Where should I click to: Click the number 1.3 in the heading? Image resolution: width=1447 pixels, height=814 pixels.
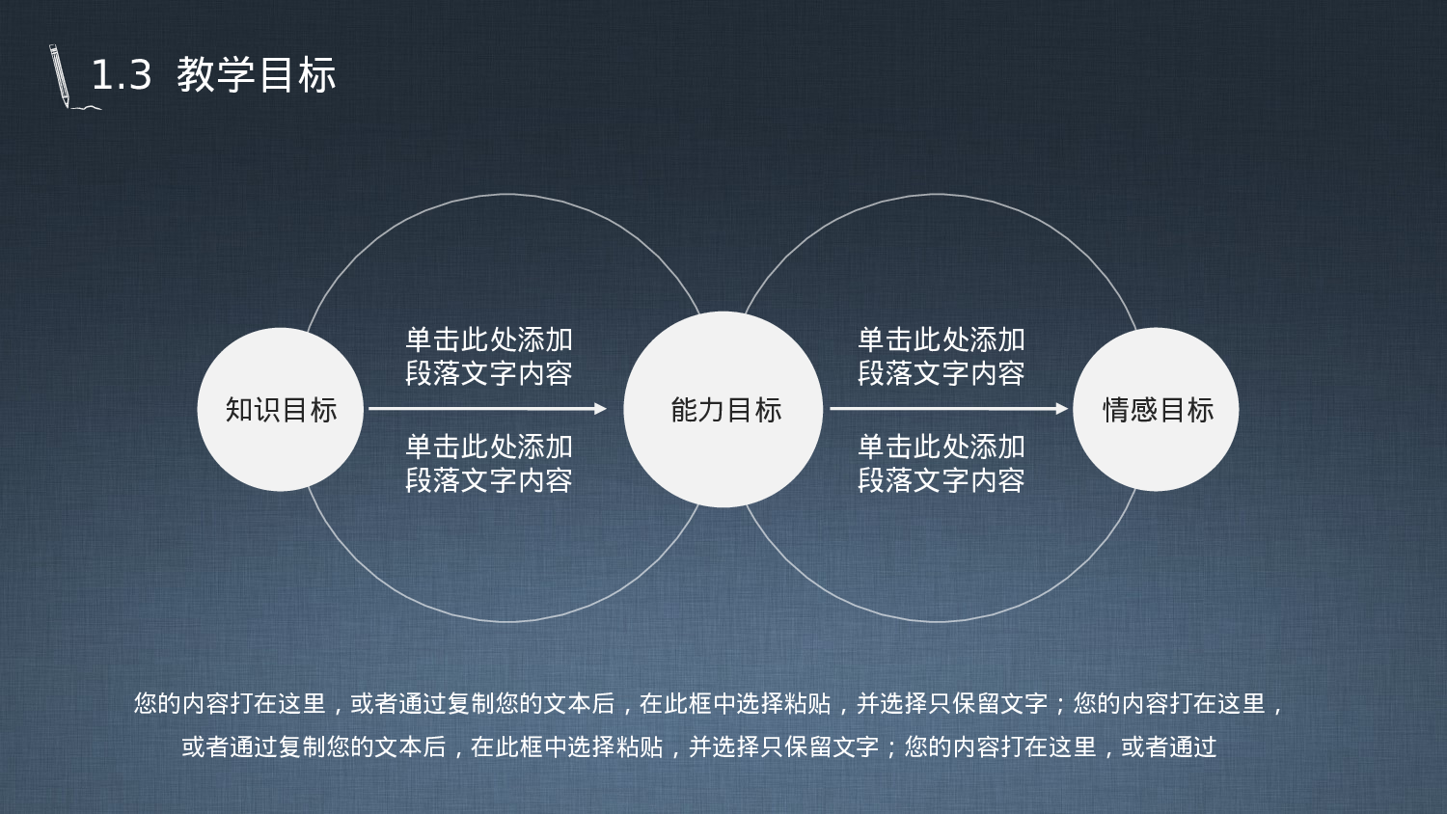tap(122, 75)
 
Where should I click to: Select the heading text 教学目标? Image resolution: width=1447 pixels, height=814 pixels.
tap(257, 75)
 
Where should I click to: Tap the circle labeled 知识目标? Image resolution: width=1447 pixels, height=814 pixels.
tap(281, 410)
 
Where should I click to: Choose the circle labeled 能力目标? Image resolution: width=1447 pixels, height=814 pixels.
tap(723, 410)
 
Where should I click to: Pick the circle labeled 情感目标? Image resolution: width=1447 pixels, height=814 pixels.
tap(1156, 410)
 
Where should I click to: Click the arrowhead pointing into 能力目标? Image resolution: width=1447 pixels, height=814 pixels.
tap(601, 409)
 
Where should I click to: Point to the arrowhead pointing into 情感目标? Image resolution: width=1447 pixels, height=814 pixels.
tap(1062, 409)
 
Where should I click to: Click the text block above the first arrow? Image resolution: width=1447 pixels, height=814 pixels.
tap(489, 356)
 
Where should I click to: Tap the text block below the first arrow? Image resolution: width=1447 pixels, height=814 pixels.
tap(489, 463)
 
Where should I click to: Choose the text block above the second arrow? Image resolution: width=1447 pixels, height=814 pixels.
tap(942, 356)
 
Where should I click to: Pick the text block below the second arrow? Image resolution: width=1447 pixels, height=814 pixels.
tap(942, 463)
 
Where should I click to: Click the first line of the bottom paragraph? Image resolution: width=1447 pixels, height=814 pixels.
tap(709, 704)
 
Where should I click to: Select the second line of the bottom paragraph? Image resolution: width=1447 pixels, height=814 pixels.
tap(699, 746)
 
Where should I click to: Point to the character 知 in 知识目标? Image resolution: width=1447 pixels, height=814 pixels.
tap(239, 410)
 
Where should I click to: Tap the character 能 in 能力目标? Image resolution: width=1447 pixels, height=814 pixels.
tap(684, 410)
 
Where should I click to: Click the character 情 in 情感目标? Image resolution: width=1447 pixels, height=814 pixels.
tap(1116, 410)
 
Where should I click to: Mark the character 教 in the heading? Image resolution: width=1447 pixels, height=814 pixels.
tap(196, 75)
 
